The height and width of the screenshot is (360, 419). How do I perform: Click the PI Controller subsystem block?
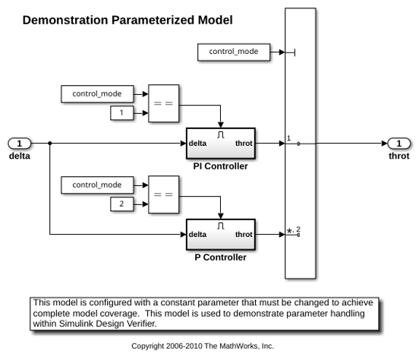tap(221, 144)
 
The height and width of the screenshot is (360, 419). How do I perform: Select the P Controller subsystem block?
tap(221, 235)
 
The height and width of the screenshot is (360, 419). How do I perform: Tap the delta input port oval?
tap(20, 144)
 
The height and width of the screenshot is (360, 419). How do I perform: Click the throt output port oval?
tap(399, 144)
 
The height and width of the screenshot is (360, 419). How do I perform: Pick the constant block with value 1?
tap(122, 113)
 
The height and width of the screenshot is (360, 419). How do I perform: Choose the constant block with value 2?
tap(122, 204)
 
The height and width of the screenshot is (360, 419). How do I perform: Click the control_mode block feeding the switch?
tap(234, 52)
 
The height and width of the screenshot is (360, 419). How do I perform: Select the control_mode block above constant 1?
tap(97, 94)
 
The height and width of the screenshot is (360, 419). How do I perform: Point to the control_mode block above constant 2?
tap(97, 185)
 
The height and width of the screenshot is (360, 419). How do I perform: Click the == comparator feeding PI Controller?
tap(163, 103)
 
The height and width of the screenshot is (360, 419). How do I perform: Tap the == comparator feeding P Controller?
tap(163, 194)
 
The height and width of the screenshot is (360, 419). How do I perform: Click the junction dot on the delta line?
tap(49, 144)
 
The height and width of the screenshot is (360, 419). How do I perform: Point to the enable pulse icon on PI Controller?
tap(220, 134)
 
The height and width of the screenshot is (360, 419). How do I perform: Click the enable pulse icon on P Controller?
tap(220, 226)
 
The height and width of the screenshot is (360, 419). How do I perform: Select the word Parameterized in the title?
tap(153, 21)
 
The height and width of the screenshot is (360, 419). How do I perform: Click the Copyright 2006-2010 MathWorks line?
tap(203, 346)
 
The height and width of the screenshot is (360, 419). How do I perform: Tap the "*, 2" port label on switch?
tap(294, 230)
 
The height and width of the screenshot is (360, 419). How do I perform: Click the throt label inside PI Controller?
tap(244, 144)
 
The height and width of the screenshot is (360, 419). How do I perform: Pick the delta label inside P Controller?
tap(197, 235)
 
